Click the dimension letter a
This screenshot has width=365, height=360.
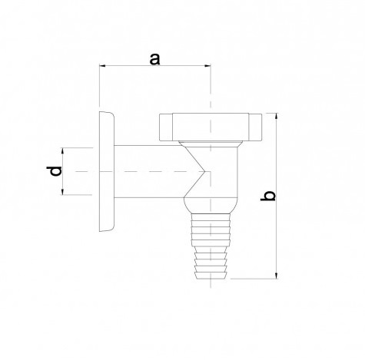154,59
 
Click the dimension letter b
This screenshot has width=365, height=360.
268,196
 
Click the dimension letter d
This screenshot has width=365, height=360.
54,171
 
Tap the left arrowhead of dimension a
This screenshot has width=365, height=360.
102,66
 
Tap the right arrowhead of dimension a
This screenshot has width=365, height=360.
207,66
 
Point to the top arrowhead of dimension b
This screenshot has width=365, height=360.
276,116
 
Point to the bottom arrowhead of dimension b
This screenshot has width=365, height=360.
276,276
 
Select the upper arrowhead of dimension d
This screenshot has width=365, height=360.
62,150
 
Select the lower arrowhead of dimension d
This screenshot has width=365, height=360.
62,192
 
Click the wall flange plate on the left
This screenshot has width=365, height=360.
107,171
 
